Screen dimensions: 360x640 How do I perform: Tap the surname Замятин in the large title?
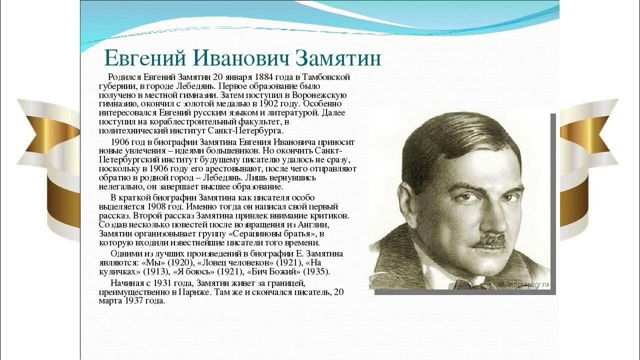[338, 59]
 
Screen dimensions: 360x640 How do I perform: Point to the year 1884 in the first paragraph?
[264, 77]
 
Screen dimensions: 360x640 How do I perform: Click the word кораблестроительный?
[208, 122]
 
